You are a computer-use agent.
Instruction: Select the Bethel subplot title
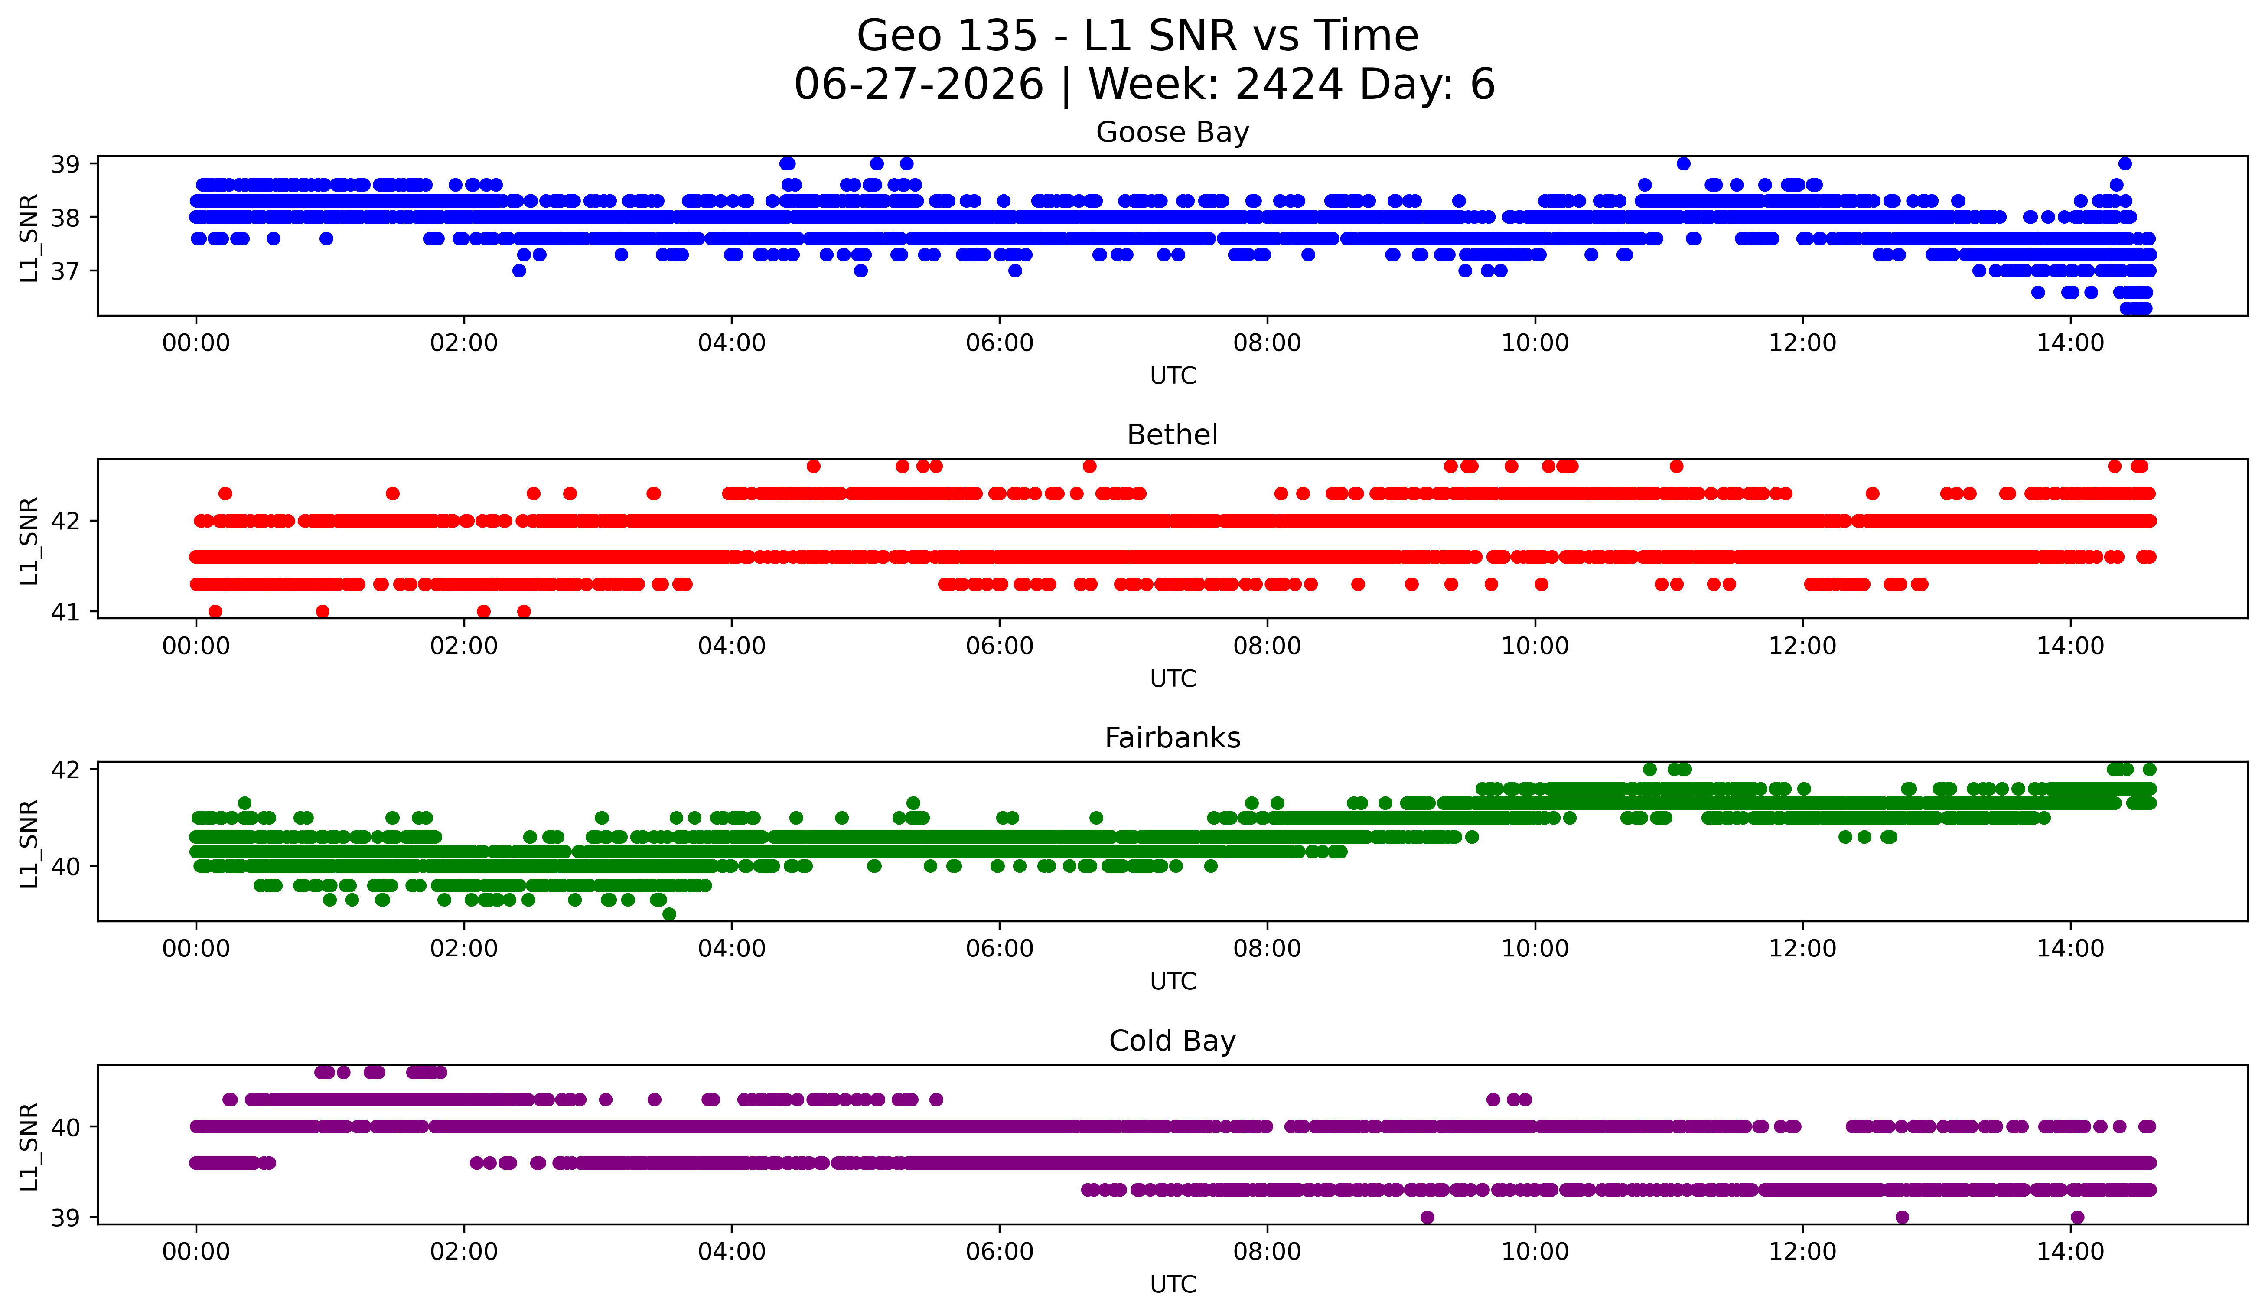point(1172,435)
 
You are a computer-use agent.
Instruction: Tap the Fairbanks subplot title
point(1172,738)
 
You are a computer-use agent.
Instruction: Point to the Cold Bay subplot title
point(1172,1041)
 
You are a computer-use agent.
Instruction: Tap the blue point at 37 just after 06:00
point(1015,271)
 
